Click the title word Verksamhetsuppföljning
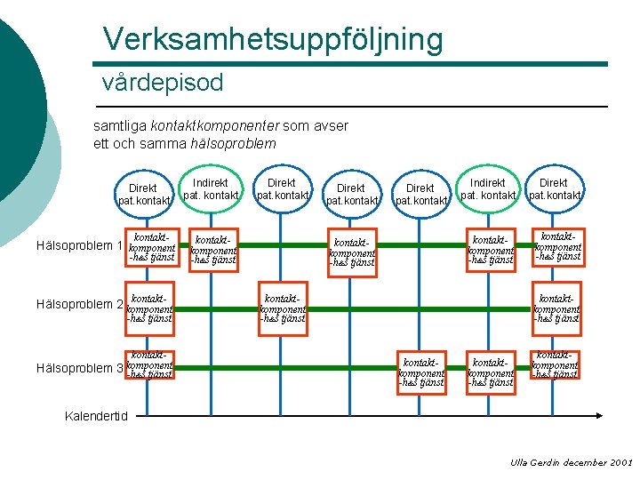click(x=272, y=38)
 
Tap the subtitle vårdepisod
click(x=163, y=84)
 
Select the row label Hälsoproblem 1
click(x=78, y=245)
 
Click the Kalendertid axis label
click(x=97, y=416)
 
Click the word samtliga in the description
click(x=120, y=126)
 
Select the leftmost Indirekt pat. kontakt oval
click(x=211, y=189)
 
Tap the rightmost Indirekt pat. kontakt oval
click(x=488, y=189)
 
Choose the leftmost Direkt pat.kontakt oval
click(x=143, y=194)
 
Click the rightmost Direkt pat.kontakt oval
click(x=554, y=189)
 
